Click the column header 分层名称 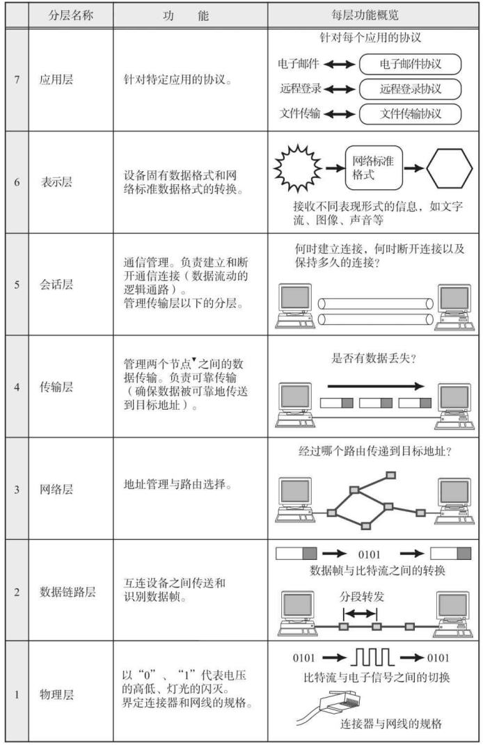tap(70, 16)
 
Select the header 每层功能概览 tap(365, 15)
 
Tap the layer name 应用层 tap(56, 79)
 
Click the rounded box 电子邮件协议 tap(410, 64)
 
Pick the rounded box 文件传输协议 tap(410, 113)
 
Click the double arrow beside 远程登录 tap(340, 89)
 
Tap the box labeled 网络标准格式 tap(374, 168)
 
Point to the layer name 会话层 tap(56, 285)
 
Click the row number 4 tap(17, 387)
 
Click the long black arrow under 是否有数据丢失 tap(376, 386)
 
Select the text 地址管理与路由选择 tap(177, 485)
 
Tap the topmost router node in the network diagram tap(390, 474)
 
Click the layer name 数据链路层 tap(68, 592)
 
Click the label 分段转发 tap(362, 597)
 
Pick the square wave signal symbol tap(372, 657)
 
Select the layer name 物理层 tap(56, 695)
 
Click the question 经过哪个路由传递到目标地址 tap(374, 451)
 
